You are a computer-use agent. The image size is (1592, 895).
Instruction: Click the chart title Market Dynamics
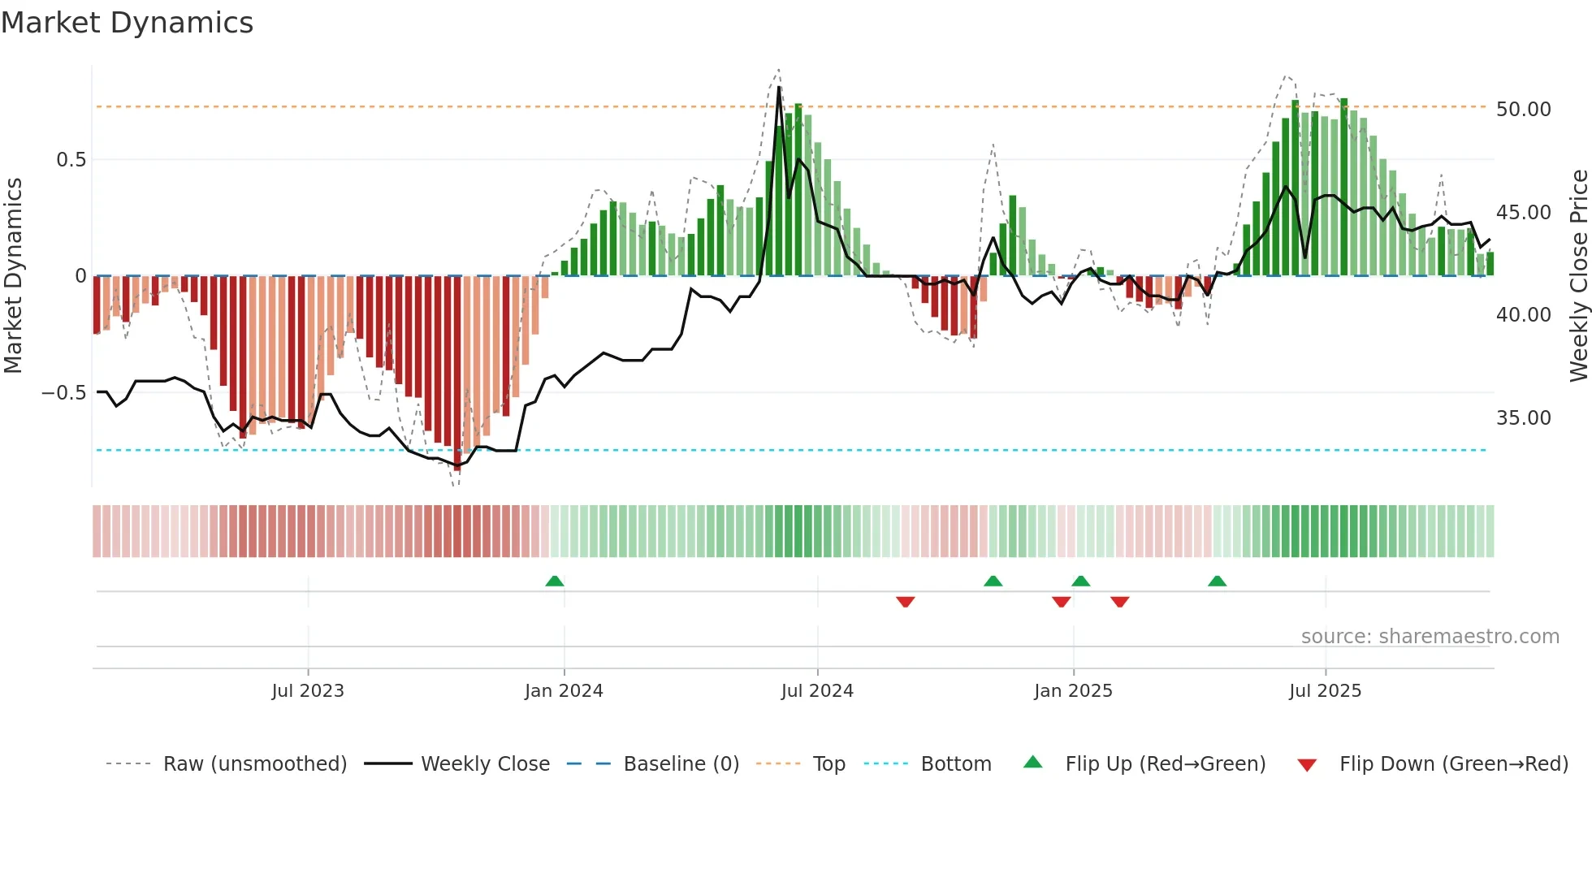(127, 23)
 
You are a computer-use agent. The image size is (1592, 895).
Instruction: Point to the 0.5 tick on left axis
(71, 160)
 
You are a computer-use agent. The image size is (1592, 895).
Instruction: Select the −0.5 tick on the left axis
(63, 393)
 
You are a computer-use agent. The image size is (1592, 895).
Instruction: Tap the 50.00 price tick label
(1523, 110)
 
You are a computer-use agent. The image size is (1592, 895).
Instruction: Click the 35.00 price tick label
(1523, 418)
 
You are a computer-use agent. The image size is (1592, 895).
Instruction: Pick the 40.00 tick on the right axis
(1523, 315)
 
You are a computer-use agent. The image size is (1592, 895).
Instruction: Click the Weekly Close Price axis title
(1578, 276)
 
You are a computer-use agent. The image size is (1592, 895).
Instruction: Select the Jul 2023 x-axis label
(308, 691)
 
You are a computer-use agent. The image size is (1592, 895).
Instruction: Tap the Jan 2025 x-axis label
(1073, 691)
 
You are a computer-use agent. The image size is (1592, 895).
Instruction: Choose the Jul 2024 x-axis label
(817, 691)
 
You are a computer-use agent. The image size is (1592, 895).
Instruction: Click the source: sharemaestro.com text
(1430, 637)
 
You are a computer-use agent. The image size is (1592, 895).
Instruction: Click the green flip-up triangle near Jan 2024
(555, 582)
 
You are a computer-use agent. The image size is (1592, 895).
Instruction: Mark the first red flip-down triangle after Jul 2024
(906, 602)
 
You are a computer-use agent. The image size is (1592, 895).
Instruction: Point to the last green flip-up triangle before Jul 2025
(1217, 582)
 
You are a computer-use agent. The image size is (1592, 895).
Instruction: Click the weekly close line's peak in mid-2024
(779, 87)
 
